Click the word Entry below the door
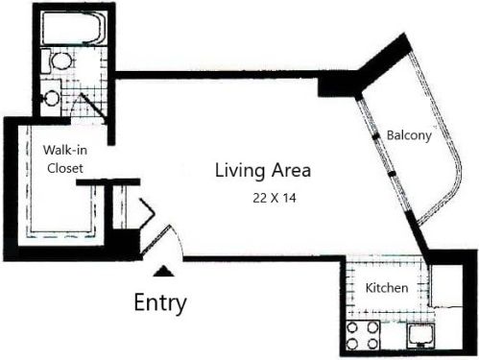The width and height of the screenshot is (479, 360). click(159, 303)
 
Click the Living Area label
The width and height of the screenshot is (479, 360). click(262, 171)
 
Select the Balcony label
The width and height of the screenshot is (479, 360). click(408, 135)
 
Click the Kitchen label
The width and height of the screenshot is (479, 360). click(388, 288)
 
